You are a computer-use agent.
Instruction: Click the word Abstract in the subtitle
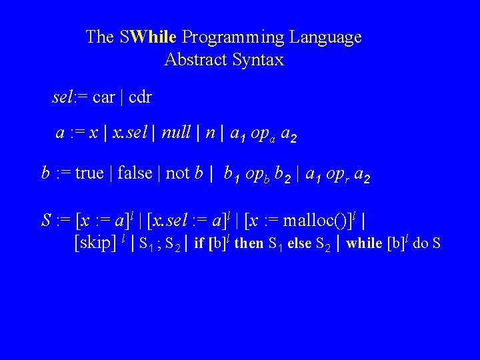coord(196,60)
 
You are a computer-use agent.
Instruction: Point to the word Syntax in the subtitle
coord(259,60)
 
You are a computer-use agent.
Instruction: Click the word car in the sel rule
coord(104,97)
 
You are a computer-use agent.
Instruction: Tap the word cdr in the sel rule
coord(140,97)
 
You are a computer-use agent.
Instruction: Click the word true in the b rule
coord(89,174)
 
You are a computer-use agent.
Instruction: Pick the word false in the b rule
coord(135,174)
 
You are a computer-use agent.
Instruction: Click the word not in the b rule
coord(177,174)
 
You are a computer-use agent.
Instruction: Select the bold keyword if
coord(199,243)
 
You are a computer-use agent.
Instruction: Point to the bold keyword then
coord(249,243)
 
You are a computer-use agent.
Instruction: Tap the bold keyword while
coord(363,243)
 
